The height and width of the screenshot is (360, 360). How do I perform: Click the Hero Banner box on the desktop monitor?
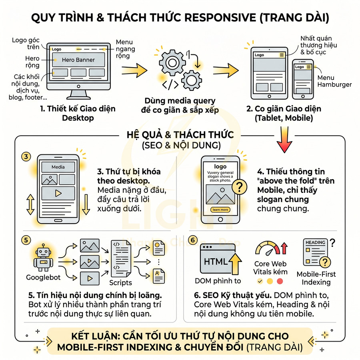click(x=78, y=60)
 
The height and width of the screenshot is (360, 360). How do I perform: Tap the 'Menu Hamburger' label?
click(x=334, y=81)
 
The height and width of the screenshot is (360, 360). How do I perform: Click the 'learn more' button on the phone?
click(x=220, y=210)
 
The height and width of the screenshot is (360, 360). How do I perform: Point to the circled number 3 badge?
click(x=26, y=156)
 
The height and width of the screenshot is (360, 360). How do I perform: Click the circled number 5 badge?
click(x=26, y=240)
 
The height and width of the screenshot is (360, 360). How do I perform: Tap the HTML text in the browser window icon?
click(x=215, y=262)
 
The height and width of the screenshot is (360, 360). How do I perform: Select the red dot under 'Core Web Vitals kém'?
click(x=280, y=281)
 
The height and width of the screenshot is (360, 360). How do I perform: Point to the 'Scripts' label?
click(x=120, y=283)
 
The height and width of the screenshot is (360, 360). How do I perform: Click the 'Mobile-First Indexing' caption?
click(x=316, y=278)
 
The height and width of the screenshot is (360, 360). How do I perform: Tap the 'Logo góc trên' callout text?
click(x=25, y=43)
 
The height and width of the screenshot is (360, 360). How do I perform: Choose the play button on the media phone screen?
click(x=58, y=193)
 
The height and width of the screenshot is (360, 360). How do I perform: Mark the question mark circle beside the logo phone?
click(x=239, y=186)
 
